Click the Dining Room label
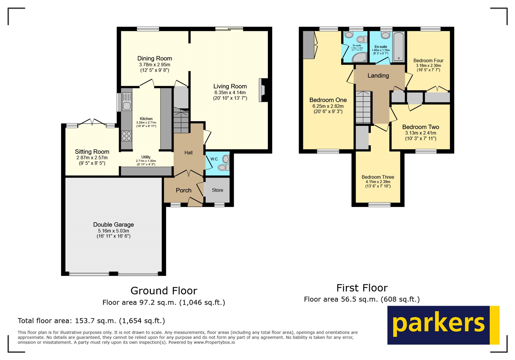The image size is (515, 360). tap(154, 59)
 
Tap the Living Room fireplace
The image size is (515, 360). tap(263, 90)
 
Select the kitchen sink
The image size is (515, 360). tap(127, 101)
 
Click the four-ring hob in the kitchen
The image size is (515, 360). tap(126, 136)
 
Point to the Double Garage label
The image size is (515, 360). tap(113, 225)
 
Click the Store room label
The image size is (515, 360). tap(217, 190)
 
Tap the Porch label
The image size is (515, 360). tap(183, 190)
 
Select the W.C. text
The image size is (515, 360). tap(214, 159)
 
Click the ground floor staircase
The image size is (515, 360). tap(181, 121)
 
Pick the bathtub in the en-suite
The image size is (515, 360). tap(398, 47)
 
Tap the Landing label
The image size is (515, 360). tap(378, 76)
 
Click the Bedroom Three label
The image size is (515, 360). tap(378, 177)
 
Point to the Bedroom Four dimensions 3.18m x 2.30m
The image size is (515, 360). tap(428, 66)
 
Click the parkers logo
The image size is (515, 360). tap(443, 325)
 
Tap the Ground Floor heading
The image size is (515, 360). tap(164, 291)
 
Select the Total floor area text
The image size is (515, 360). tap(91, 321)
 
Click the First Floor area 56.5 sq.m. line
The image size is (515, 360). tap(361, 300)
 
